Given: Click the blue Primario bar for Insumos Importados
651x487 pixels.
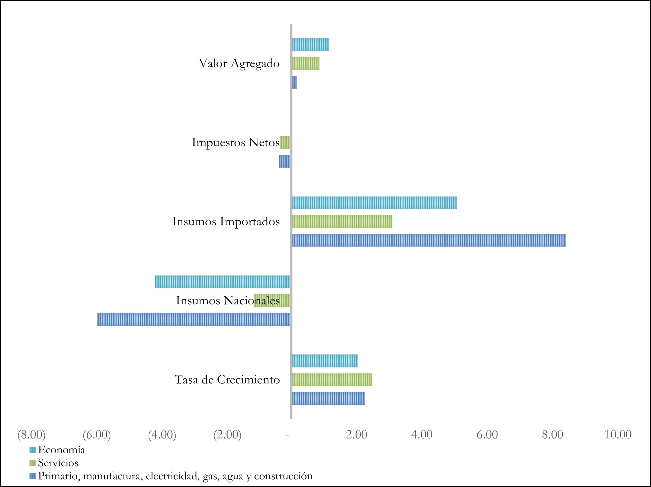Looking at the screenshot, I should (x=429, y=240).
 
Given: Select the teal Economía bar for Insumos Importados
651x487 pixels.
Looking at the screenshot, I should (x=374, y=203).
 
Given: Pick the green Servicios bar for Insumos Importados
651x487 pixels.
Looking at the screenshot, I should (x=342, y=222).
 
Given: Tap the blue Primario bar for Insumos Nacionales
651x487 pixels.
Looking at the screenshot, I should (x=194, y=319).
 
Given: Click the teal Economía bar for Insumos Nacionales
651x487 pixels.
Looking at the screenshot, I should (x=222, y=282).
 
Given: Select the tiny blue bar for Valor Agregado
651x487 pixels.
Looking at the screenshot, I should (x=294, y=82).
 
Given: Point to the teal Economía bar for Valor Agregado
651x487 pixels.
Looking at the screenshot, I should (x=310, y=45).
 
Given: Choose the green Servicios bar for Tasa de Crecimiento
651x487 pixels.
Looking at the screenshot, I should (x=332, y=379).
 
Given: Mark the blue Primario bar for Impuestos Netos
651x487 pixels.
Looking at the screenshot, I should (x=285, y=161).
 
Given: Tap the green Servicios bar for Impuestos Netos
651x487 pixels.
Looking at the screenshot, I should (x=285, y=142).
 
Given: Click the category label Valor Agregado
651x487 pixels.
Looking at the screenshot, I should (x=239, y=63).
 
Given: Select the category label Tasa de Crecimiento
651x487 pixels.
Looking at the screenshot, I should (x=227, y=379).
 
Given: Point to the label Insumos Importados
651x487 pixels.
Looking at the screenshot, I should (x=226, y=222).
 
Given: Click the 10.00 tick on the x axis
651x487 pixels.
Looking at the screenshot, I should (x=618, y=435).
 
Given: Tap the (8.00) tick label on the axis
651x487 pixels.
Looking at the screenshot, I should (x=31, y=435).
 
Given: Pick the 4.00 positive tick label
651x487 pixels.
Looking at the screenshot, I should (x=422, y=435).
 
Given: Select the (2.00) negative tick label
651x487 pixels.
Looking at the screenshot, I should (x=227, y=435).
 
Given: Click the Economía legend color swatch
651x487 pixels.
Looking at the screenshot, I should (x=32, y=450).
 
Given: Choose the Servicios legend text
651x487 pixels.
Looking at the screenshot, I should (x=58, y=463).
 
